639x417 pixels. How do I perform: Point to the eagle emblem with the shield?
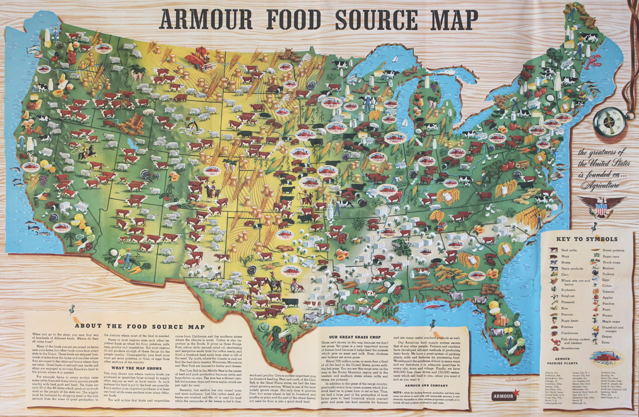pyautogui.click(x=601, y=206)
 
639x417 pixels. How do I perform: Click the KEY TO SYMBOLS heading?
pyautogui.click(x=587, y=239)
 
